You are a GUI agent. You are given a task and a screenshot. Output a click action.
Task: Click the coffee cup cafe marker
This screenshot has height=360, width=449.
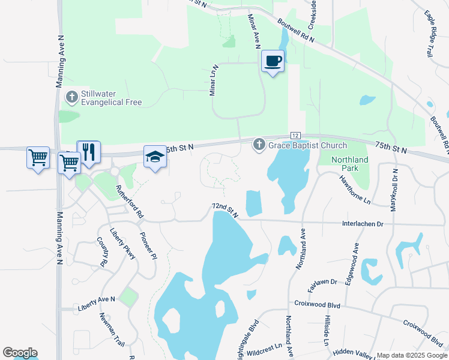point(273,61)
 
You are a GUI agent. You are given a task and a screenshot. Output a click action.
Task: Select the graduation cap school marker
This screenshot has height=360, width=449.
point(155,157)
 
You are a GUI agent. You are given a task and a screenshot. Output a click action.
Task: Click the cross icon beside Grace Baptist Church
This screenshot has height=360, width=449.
point(259,145)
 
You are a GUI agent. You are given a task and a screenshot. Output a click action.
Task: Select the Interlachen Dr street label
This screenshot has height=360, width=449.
point(362,223)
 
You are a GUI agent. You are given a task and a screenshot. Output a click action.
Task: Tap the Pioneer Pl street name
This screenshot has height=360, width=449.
point(148,245)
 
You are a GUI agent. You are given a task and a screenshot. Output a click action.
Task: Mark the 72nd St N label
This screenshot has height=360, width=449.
point(224,209)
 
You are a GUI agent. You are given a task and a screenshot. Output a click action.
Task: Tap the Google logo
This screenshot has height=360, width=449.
point(20,353)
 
